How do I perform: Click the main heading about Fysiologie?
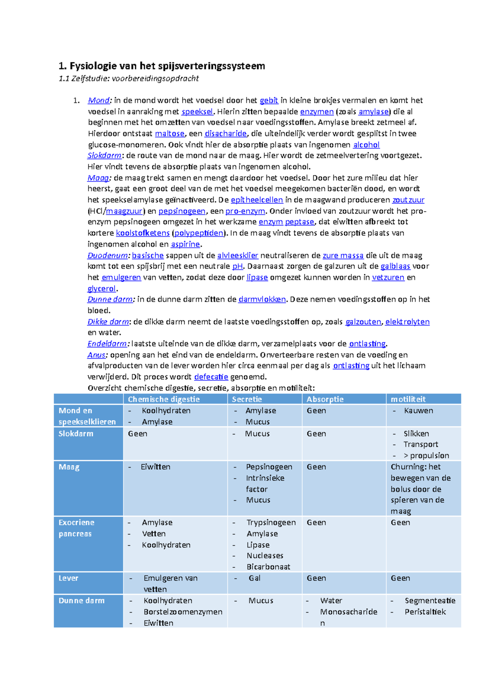click(162, 66)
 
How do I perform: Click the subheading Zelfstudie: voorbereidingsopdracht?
click(129, 79)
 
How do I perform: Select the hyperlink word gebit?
click(269, 101)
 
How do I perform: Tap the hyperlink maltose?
click(170, 134)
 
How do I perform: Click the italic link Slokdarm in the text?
click(104, 156)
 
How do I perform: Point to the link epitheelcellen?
click(257, 200)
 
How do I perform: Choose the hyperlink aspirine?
click(185, 245)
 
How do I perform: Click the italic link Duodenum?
click(108, 256)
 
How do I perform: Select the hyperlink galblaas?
click(395, 267)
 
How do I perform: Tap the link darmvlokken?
click(262, 300)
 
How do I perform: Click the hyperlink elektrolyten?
click(407, 322)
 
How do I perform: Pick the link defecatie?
click(211, 377)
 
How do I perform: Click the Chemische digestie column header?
click(164, 399)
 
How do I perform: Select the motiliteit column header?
click(408, 399)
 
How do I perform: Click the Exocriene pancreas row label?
click(76, 528)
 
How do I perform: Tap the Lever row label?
click(68, 578)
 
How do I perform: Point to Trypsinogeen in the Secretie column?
click(271, 522)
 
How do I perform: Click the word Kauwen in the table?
click(419, 411)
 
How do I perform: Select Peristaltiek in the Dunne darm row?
click(425, 612)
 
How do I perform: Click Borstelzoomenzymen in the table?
click(183, 612)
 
